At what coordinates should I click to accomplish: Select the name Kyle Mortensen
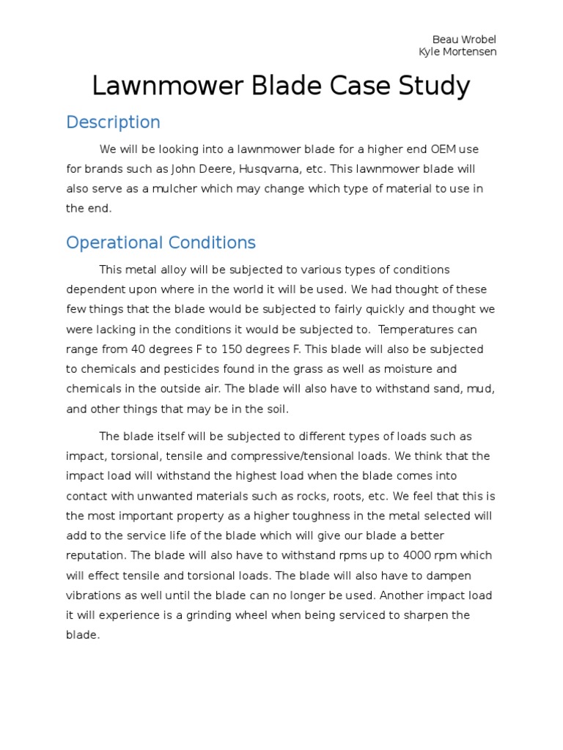tap(457, 52)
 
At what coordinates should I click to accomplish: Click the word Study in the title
tap(433, 86)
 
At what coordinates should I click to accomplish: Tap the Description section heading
tap(113, 122)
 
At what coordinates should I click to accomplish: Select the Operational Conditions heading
tap(161, 242)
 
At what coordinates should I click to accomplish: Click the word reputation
tap(97, 555)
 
